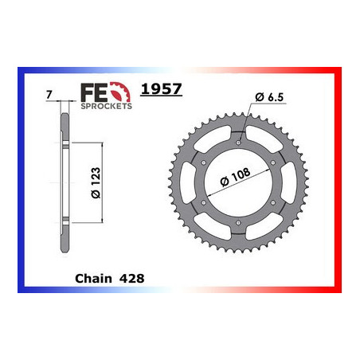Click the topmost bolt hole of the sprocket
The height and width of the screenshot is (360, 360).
tap(240, 143)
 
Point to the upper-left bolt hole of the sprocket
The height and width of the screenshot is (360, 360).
tap(205, 164)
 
